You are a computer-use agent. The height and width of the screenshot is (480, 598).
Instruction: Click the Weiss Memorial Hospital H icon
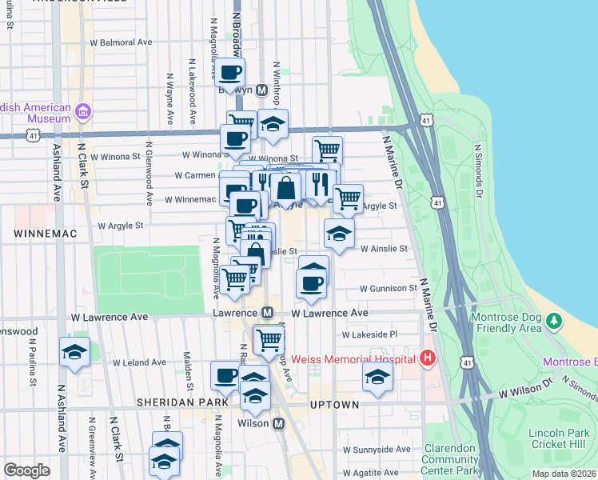[428, 357]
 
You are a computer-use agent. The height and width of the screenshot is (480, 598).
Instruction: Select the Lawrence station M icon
[269, 313]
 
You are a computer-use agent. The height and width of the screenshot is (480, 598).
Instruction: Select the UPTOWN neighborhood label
[334, 405]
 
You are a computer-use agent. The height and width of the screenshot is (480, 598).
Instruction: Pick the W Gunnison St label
[388, 288]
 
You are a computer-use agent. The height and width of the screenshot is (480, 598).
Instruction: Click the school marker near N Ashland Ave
[74, 353]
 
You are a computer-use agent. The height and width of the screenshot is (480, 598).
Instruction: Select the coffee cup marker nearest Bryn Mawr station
[230, 73]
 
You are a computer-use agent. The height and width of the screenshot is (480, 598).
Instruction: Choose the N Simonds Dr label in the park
[480, 170]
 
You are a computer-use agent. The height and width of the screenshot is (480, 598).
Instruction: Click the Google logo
[27, 470]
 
